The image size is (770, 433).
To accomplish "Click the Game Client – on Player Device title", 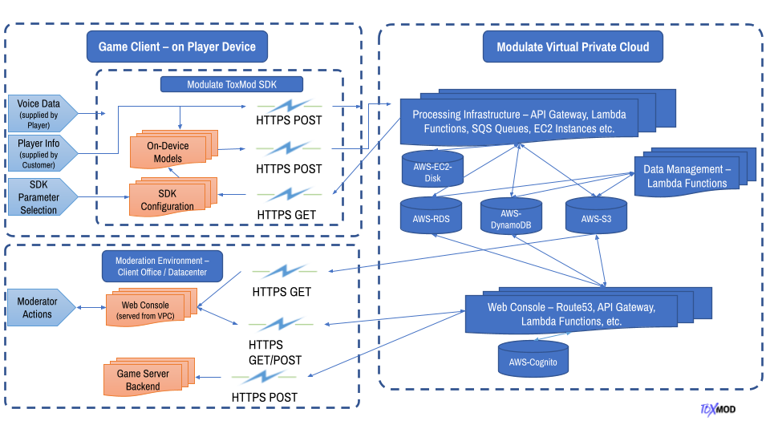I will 176,47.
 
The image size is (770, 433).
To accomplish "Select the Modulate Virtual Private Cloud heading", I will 573,47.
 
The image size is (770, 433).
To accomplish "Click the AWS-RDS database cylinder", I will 432,216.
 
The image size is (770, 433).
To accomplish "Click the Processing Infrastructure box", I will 521,120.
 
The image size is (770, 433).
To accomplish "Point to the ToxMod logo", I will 717,409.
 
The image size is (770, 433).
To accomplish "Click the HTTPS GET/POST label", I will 275,352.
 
